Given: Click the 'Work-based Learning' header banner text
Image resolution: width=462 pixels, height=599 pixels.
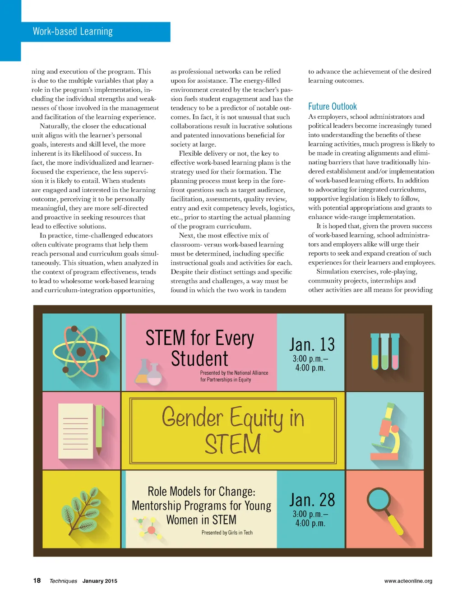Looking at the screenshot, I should (73, 32).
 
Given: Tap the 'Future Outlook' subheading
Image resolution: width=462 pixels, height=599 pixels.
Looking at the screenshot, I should (333, 107).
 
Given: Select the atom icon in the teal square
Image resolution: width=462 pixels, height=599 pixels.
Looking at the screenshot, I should (81, 352).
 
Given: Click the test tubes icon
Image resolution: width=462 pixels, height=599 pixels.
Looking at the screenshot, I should (384, 352).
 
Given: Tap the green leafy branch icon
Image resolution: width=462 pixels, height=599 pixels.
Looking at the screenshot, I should (81, 510).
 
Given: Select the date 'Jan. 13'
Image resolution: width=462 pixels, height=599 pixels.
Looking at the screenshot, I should (312, 344).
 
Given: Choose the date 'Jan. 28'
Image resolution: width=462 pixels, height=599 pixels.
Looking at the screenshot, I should (312, 500).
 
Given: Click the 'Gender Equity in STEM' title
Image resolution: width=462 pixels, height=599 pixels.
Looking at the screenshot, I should (233, 430).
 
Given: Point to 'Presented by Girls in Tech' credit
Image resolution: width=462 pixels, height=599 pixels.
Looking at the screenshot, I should (227, 533).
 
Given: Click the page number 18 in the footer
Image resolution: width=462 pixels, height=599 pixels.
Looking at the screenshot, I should (37, 580).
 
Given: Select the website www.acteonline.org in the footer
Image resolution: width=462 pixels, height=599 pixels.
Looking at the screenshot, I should (408, 581).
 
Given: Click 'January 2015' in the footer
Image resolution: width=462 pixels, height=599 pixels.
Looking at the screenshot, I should (100, 581).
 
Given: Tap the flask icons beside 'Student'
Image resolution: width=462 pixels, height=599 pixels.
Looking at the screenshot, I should (148, 372).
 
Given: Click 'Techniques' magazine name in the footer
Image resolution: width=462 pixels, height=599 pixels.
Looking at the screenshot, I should (63, 581).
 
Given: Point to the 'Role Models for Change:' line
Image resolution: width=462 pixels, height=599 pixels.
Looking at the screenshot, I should (201, 491).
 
